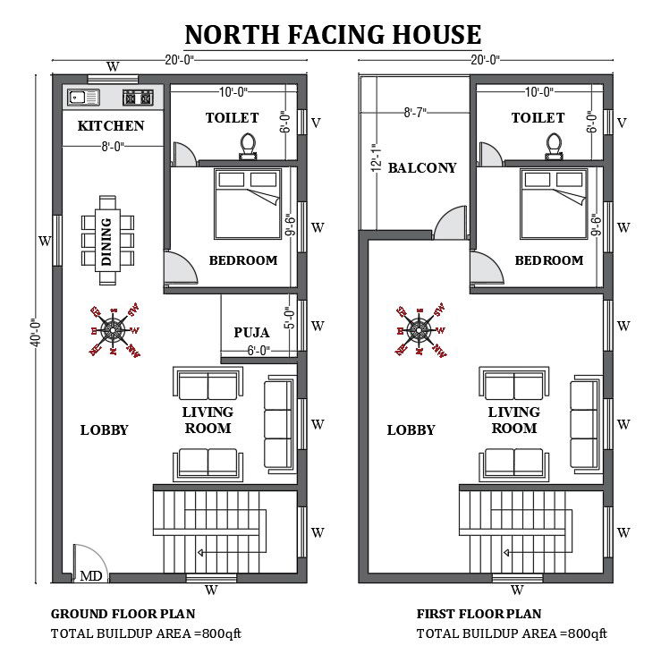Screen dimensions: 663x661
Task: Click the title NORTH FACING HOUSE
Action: point(333,35)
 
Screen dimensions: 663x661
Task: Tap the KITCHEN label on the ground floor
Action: point(111,126)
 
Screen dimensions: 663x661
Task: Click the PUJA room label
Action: point(251,333)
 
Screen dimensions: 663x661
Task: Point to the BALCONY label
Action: point(422,167)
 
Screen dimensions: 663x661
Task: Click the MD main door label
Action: point(91,576)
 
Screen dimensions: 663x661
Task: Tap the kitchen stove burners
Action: point(140,97)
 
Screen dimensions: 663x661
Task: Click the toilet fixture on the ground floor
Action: point(249,145)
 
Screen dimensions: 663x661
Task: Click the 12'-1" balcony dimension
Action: point(377,157)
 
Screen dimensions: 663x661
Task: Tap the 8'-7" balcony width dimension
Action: point(414,113)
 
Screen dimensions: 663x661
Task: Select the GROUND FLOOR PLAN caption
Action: point(123,614)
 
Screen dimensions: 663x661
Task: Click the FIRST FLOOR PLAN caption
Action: point(479,614)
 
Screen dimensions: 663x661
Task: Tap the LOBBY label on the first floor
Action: point(411,430)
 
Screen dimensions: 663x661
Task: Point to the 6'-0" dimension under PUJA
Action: point(258,350)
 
